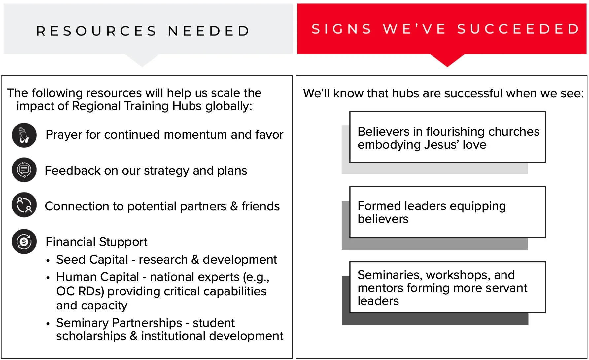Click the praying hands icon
[24, 135]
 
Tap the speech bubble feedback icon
[24, 170]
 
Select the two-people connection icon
[24, 205]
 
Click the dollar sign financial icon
[24, 241]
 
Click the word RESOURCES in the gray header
[96, 31]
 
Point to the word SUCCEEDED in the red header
[518, 29]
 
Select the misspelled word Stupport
[126, 242]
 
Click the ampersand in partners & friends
[234, 206]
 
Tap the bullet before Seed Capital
[48, 261]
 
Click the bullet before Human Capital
[48, 278]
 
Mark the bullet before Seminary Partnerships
[48, 324]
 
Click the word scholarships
[91, 336]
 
